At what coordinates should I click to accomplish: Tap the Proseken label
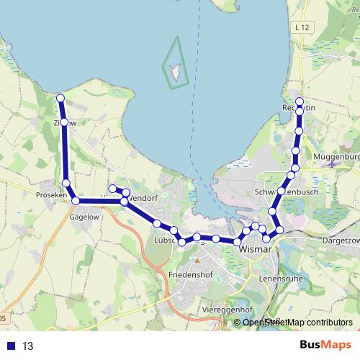[x=50, y=195]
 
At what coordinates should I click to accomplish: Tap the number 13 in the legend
[x=28, y=346]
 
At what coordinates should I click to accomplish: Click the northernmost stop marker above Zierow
[x=60, y=98]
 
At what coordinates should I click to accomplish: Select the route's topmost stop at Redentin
[x=300, y=101]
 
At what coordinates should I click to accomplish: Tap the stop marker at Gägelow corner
[x=76, y=201]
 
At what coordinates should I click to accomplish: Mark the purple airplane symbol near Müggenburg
[x=330, y=164]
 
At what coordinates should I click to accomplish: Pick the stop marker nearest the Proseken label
[x=67, y=184]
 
